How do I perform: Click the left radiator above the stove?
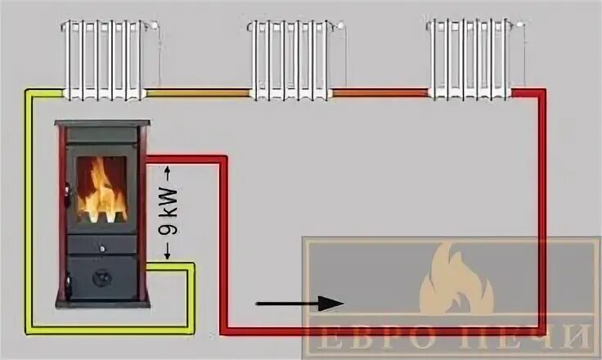click(106, 59)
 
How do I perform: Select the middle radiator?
click(290, 59)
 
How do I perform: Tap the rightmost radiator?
click(469, 59)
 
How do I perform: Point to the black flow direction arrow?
click(299, 304)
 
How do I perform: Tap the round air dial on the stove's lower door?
click(101, 277)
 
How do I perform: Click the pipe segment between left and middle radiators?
click(197, 94)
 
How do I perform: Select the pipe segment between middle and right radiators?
click(380, 93)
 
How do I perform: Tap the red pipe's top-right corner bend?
click(541, 94)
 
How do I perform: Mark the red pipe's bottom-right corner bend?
click(541, 331)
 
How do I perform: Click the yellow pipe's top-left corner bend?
click(28, 94)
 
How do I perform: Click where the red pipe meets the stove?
click(152, 161)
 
